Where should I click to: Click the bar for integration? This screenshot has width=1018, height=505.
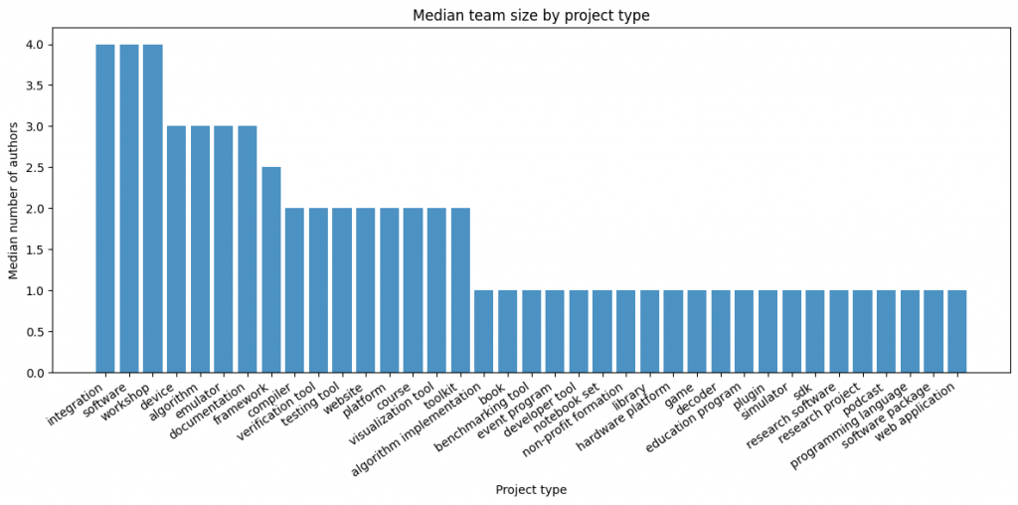point(105,209)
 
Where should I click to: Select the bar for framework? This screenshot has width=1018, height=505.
point(271,269)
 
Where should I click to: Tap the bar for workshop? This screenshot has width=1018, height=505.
point(153,209)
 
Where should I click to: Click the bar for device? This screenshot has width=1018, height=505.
point(177,250)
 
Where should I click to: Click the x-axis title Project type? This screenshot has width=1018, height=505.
point(531,489)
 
